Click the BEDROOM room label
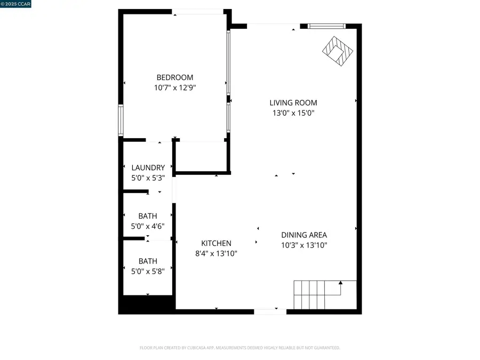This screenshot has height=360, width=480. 174,77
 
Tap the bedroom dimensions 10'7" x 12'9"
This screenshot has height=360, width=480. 174,87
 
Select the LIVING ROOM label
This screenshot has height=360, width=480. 293,103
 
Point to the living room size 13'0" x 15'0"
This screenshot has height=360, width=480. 293,113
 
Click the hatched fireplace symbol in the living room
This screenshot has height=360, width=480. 338,51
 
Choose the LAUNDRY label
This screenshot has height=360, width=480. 148,167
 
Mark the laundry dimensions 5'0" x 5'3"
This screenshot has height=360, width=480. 148,178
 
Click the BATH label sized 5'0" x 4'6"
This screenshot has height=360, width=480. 148,216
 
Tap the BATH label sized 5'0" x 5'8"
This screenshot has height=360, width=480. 148,261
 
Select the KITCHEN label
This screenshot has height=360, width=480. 216,243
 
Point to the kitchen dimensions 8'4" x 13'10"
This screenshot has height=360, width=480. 216,254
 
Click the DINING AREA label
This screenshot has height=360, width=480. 304,235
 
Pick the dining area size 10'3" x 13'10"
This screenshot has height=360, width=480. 304,245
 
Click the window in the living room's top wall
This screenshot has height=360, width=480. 326,25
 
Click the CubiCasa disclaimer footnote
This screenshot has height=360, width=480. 239,348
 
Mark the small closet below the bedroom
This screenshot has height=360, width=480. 201,156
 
